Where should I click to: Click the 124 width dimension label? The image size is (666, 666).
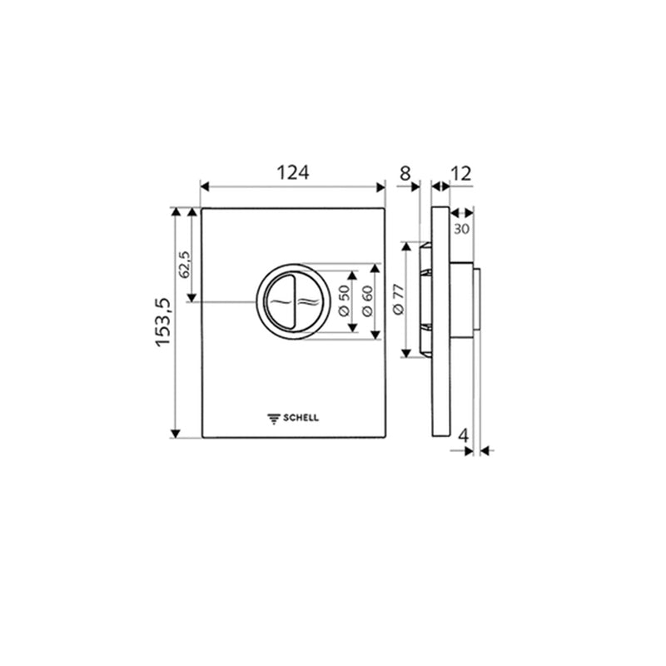pos(292,172)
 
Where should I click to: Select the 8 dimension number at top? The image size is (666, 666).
pos(405,173)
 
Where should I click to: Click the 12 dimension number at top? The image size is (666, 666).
pos(460,173)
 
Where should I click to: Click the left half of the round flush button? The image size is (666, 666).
pos(278,302)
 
